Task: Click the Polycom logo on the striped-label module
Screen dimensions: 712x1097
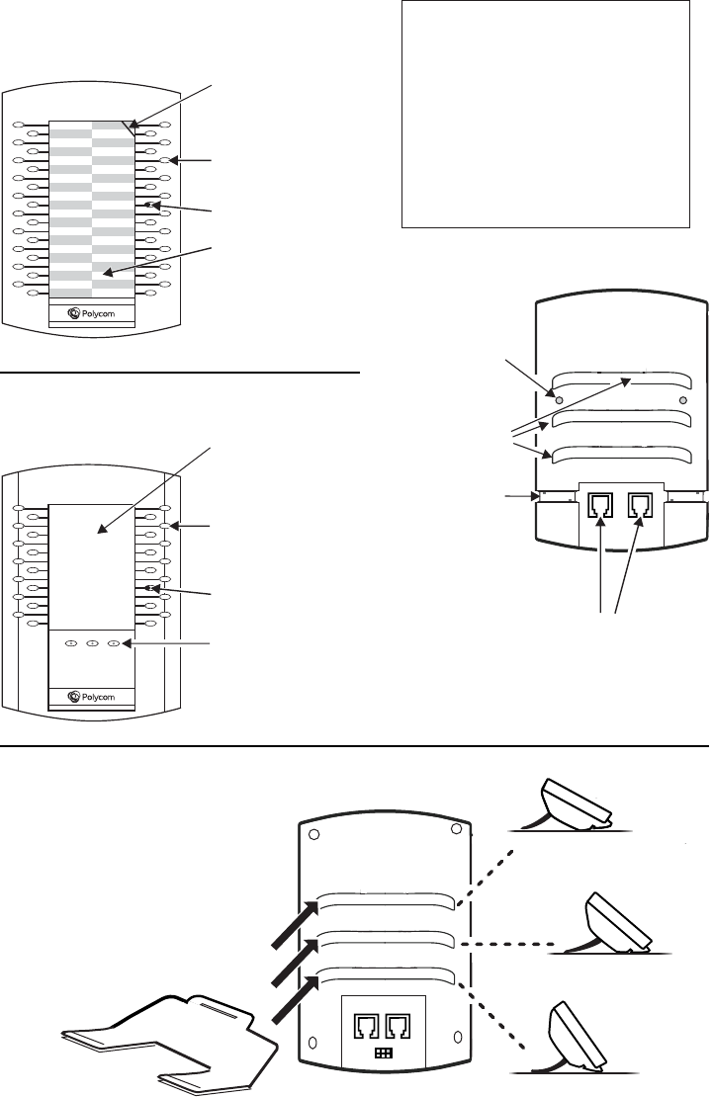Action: point(92,313)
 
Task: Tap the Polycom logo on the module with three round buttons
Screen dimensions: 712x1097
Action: point(92,697)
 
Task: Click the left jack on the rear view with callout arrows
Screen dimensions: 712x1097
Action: point(601,505)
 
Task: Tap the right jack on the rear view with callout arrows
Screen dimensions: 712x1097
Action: point(640,505)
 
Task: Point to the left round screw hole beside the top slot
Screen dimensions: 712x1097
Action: point(560,400)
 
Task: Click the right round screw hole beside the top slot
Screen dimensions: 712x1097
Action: point(682,400)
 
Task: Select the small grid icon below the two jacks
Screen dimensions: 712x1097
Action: point(385,1053)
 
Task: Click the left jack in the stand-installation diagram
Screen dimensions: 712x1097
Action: point(367,1026)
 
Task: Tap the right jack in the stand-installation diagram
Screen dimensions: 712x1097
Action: point(399,1026)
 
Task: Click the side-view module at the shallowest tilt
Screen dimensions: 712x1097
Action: point(575,803)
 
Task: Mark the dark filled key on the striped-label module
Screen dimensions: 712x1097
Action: point(150,205)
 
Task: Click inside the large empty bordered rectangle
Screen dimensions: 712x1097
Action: point(546,114)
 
